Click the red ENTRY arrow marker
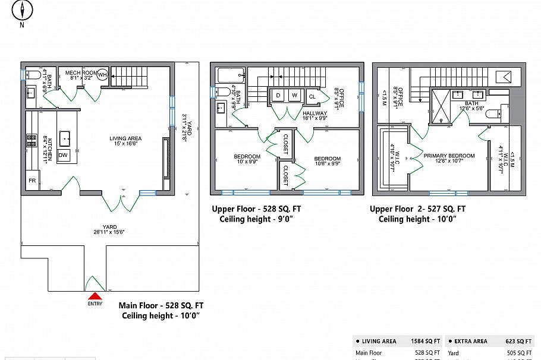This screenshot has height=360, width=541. [x=95, y=296]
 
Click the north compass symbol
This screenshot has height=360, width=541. [x=23, y=11]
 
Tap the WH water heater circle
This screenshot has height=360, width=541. [x=102, y=75]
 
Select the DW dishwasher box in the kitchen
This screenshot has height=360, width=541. [x=64, y=153]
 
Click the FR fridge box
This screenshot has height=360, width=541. [x=32, y=180]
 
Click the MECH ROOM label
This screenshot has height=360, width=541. [x=81, y=72]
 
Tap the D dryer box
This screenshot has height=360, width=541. [x=278, y=96]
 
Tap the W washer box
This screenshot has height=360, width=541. [x=294, y=96]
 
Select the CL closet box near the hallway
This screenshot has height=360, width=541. [x=312, y=97]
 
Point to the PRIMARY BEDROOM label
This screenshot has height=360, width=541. [x=449, y=156]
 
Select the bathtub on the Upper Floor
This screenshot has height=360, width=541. [x=231, y=75]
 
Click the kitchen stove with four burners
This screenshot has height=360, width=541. [x=31, y=141]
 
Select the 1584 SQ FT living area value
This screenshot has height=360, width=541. [x=426, y=342]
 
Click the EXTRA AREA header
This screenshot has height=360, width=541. [x=471, y=342]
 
